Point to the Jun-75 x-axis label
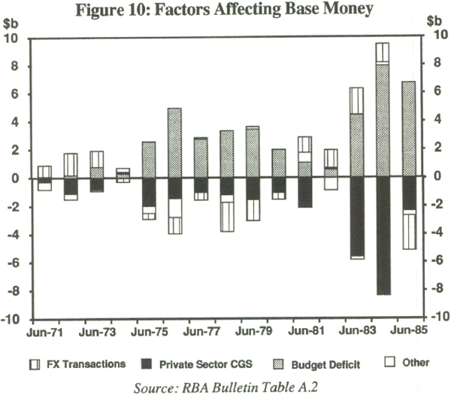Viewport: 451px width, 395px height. [150, 332]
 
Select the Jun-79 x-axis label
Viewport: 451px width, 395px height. [253, 332]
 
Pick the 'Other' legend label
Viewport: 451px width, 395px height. [416, 363]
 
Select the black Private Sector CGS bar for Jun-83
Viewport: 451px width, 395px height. [356, 217]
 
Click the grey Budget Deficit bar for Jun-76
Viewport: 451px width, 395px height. [175, 143]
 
